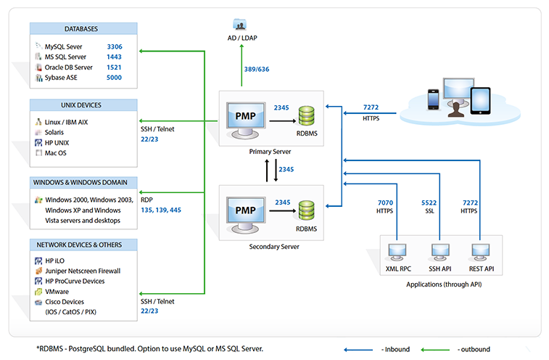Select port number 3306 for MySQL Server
tap(115, 46)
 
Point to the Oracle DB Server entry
tap(69, 67)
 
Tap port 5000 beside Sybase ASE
tap(115, 78)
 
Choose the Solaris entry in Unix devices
tap(54, 132)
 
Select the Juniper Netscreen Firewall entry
tap(83, 271)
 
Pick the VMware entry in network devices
tap(57, 292)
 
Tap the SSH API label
tap(440, 269)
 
